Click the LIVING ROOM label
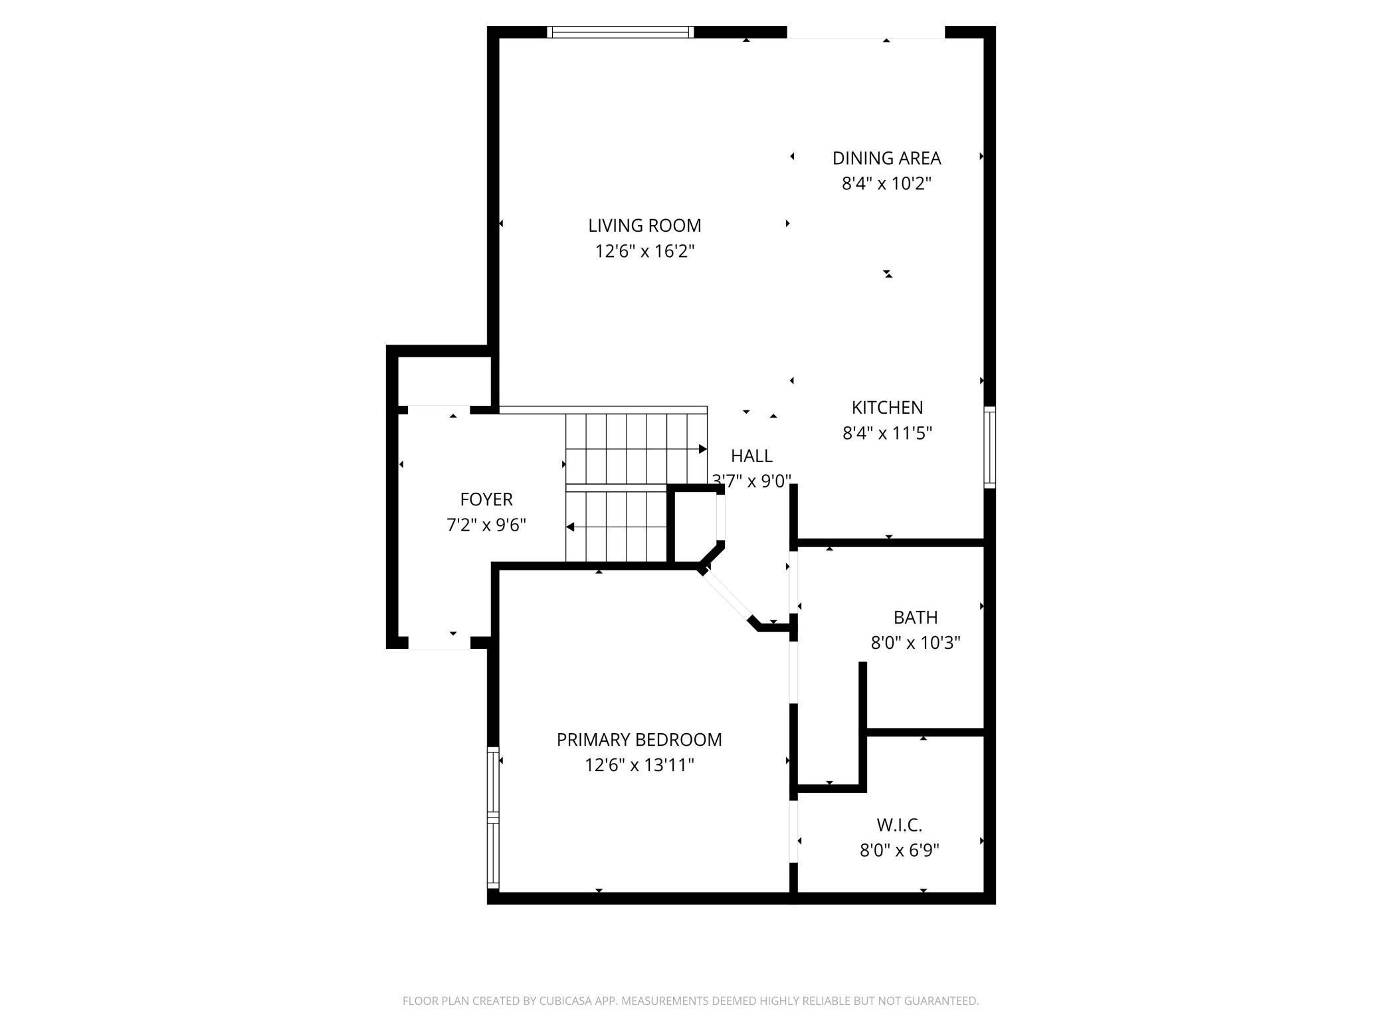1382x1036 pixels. pos(644,226)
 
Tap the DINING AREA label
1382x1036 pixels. pos(887,158)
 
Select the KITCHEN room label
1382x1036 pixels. pos(888,407)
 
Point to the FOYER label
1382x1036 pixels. pos(486,499)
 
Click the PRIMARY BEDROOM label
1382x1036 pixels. pos(639,740)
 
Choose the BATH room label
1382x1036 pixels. pos(916,618)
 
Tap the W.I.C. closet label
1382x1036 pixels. pos(900,825)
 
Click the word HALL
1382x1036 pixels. pos(751,456)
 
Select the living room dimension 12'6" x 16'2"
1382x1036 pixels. pos(644,252)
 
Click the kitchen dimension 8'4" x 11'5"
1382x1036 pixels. pos(888,433)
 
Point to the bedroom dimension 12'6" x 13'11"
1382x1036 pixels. pos(639,765)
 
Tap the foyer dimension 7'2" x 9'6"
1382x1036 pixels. pos(486,525)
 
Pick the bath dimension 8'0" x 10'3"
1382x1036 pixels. pos(916,643)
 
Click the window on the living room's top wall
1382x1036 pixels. pos(621,32)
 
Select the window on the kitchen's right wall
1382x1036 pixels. pos(989,447)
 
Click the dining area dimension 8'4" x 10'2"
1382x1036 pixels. pos(887,184)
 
